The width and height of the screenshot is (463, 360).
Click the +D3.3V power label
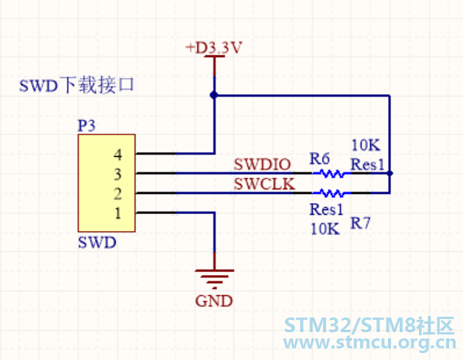pos(214,47)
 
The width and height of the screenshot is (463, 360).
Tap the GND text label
pos(214,301)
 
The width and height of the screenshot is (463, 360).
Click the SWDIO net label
pos(262,165)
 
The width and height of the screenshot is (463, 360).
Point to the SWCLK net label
pos(264,184)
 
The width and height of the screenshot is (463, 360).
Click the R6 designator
pos(319,158)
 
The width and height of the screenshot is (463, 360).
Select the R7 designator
pos(360,222)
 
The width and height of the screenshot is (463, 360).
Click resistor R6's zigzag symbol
pos(332,174)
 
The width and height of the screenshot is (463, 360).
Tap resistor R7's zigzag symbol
pos(332,193)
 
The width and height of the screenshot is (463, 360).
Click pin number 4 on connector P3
pos(117,155)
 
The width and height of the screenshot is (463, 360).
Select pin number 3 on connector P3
pos(117,175)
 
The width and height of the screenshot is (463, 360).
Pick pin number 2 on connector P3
pos(117,194)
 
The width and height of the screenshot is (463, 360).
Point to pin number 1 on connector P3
pos(118,213)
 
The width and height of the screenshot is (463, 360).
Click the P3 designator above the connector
pos(87,126)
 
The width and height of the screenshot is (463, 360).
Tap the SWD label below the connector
pos(97,243)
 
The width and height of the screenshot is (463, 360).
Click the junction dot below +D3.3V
pos(214,95)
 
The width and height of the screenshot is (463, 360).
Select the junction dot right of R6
pos(390,173)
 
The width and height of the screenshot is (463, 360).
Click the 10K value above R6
pos(366,145)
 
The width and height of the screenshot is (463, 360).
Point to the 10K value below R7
pos(325,229)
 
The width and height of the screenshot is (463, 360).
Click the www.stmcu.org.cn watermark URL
pos(369,342)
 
